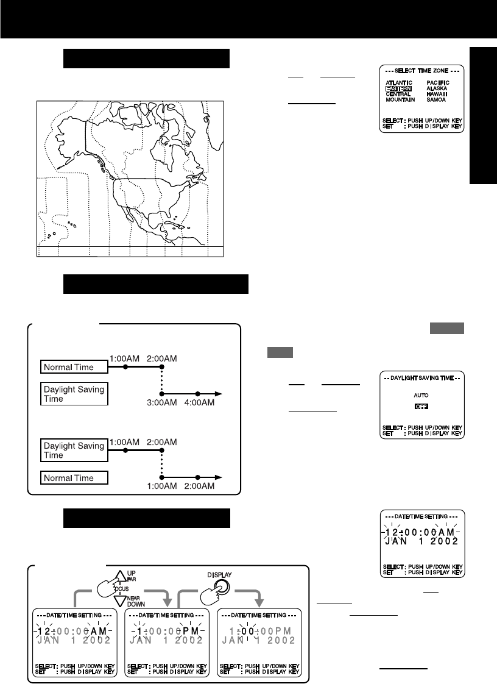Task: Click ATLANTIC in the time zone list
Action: coord(399,82)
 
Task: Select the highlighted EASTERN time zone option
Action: coord(398,88)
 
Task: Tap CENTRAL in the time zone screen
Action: coord(398,94)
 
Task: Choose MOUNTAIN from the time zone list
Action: coord(400,99)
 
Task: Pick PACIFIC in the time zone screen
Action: coord(438,82)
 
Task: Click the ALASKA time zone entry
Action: coord(437,88)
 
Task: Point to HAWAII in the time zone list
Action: coord(437,94)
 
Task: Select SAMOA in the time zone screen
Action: coord(436,99)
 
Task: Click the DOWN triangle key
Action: coord(116,607)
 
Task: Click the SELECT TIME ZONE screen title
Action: coord(421,71)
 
